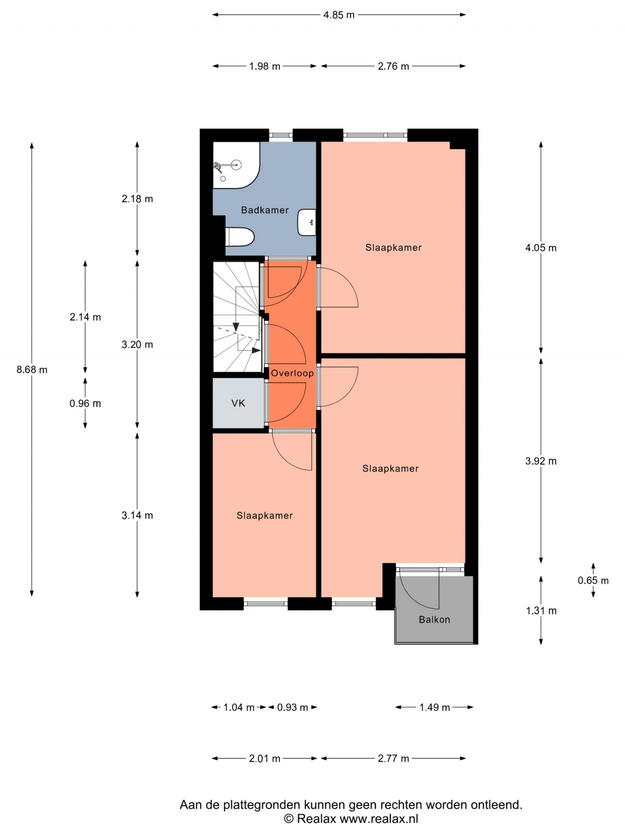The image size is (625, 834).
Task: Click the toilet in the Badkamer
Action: coord(240,237)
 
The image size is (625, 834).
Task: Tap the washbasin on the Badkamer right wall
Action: coord(307,222)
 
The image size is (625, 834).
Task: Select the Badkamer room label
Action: coord(265,210)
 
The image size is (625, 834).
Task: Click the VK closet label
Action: coord(238,403)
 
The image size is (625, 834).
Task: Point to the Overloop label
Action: coord(293,373)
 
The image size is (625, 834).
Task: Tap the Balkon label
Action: coord(434,619)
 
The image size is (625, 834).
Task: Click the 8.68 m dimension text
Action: coord(32,369)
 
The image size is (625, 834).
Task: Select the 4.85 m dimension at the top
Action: coord(339,15)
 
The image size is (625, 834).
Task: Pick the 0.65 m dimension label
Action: coord(593,580)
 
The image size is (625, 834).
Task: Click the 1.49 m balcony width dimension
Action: coord(435,707)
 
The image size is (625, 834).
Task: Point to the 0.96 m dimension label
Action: coord(85,403)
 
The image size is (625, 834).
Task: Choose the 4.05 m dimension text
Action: coord(541,248)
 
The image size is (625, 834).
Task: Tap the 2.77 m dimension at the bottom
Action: coord(393,759)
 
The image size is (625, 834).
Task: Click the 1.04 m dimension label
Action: coord(239,707)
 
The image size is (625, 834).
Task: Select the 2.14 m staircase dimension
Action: coord(85,317)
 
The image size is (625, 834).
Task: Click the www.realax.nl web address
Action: coord(379,819)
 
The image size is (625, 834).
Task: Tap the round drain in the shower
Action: coord(223,179)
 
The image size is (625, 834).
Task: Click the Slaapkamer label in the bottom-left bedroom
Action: coord(265,515)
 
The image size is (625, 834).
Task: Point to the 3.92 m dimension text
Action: coord(541,461)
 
